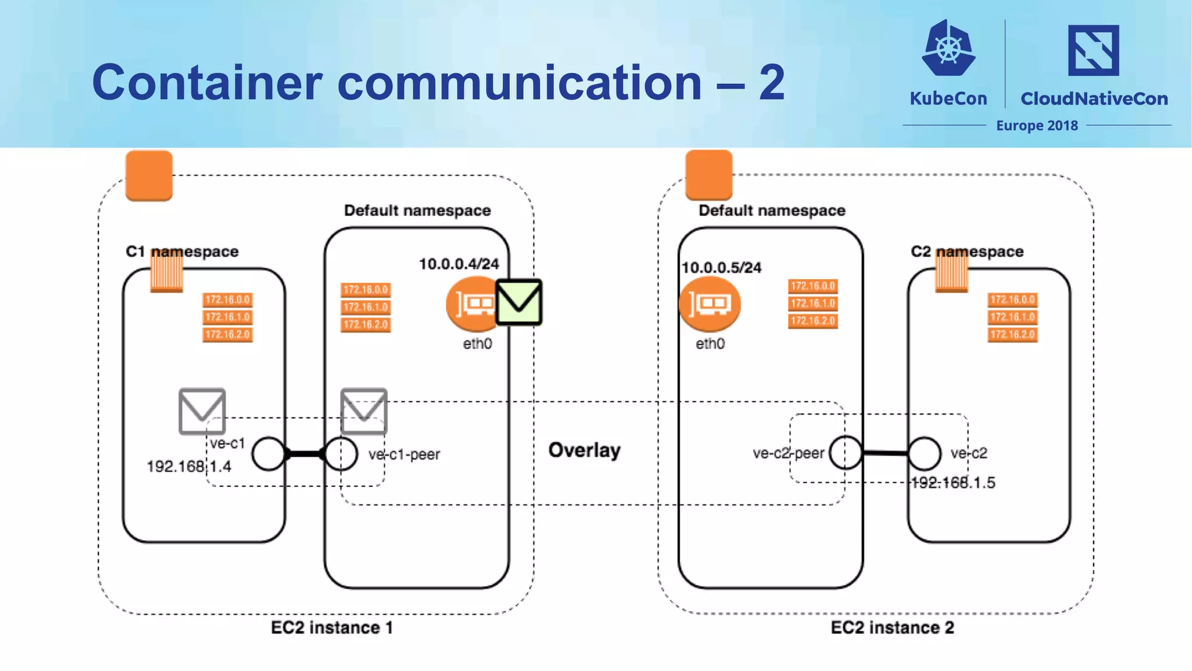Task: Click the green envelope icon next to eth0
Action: pyautogui.click(x=519, y=302)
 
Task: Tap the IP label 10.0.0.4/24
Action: pyautogui.click(x=459, y=264)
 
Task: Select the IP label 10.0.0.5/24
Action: pyautogui.click(x=721, y=267)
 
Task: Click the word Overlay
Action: pyautogui.click(x=584, y=450)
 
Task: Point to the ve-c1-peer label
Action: pyautogui.click(x=404, y=454)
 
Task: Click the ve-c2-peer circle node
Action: pyautogui.click(x=845, y=453)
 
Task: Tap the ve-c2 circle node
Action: pyautogui.click(x=924, y=454)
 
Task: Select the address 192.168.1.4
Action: pyautogui.click(x=189, y=467)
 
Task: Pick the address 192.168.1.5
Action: pyautogui.click(x=953, y=483)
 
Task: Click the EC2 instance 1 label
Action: pyautogui.click(x=332, y=628)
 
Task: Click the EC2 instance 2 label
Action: pyautogui.click(x=892, y=628)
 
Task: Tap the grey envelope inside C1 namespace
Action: pyautogui.click(x=202, y=411)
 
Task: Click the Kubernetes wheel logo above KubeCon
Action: pyautogui.click(x=949, y=48)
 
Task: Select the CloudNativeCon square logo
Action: pyautogui.click(x=1093, y=51)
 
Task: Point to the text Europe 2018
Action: pyautogui.click(x=1037, y=126)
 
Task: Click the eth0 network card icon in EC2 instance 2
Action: pyautogui.click(x=709, y=304)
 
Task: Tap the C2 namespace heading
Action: pyautogui.click(x=967, y=252)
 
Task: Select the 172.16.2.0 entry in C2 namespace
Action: pyautogui.click(x=1012, y=334)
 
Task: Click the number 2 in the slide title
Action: pyautogui.click(x=772, y=83)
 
